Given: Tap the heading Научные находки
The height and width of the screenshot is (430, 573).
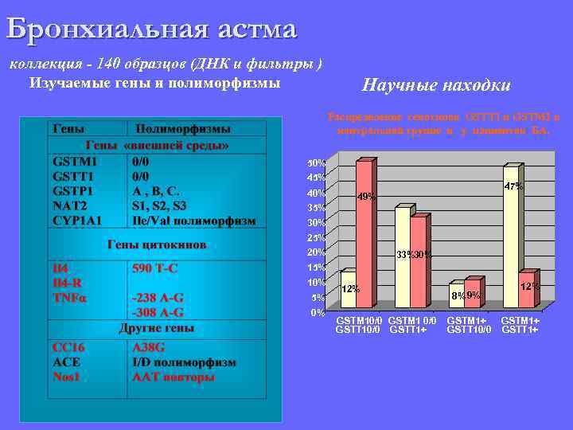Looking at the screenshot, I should coord(436,84).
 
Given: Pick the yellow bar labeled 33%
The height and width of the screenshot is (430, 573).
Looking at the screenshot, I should coord(403,257).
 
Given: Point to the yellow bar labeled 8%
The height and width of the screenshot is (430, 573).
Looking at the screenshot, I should coord(456,295).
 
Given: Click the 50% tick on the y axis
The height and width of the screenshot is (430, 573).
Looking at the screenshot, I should coord(317,163).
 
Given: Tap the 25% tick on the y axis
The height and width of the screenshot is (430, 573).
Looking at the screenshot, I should coord(317,237).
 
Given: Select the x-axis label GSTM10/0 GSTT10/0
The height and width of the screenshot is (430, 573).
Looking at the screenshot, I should coord(358,325).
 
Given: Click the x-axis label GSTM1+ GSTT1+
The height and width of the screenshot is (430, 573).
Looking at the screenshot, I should coord(520,325).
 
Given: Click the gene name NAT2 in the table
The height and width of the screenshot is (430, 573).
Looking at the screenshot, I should coord(68,205).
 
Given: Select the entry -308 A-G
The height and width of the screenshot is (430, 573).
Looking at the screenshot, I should coord(158,312).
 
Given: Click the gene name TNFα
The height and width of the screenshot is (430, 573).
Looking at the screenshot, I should coord(70,298).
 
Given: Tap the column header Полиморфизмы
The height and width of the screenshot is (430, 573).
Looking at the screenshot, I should coord(183,128).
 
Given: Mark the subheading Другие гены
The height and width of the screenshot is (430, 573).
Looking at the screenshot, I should coord(157,328).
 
